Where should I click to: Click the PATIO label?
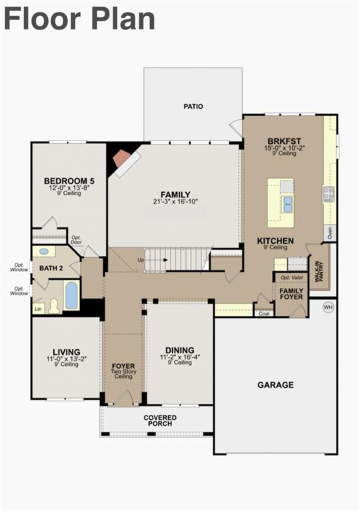pyautogui.click(x=193, y=106)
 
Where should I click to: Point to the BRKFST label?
pyautogui.click(x=285, y=141)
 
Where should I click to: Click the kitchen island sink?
pyautogui.click(x=287, y=203)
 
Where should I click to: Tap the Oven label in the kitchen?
pyautogui.click(x=329, y=233)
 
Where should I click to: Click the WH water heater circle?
pyautogui.click(x=328, y=307)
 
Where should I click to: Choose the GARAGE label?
pyautogui.click(x=275, y=385)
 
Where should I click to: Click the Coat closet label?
pyautogui.click(x=264, y=313)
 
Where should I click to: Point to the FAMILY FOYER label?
pyautogui.click(x=291, y=294)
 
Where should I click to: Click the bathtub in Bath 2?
pyautogui.click(x=71, y=295)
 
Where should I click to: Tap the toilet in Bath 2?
pyautogui.click(x=53, y=305)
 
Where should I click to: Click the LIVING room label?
pyautogui.click(x=67, y=352)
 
